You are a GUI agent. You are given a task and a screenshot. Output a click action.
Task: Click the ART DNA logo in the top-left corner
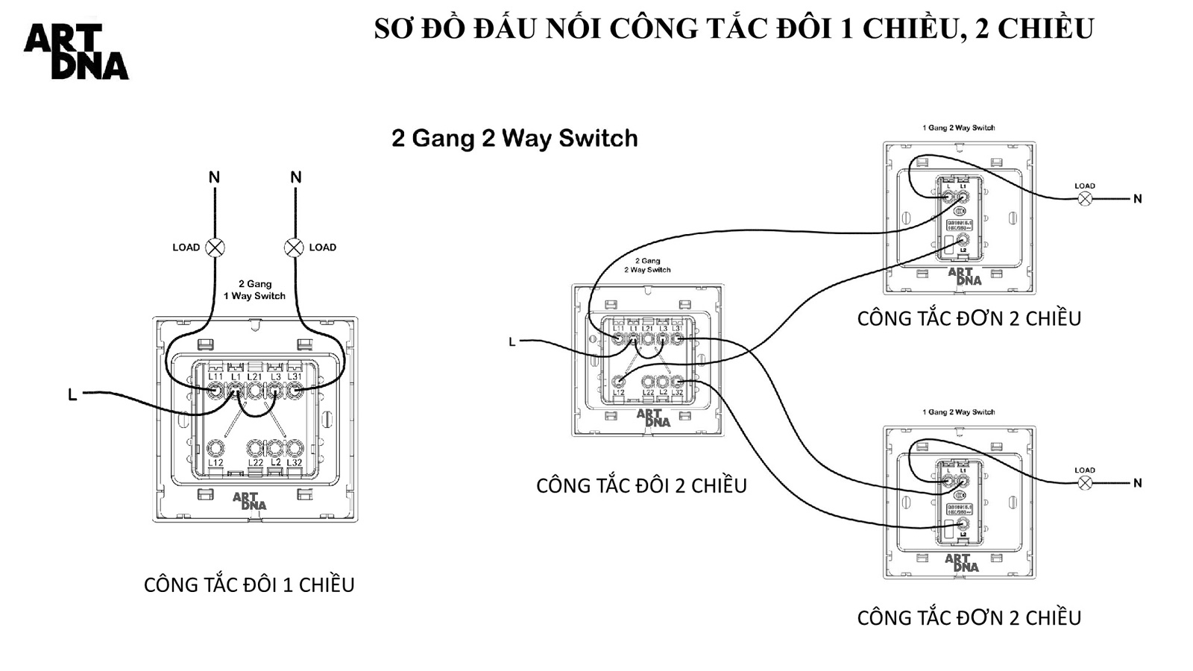(x=76, y=51)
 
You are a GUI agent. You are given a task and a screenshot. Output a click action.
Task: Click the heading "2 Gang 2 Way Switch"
(x=514, y=139)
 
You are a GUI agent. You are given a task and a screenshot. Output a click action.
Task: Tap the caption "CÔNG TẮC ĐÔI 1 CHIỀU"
(x=249, y=585)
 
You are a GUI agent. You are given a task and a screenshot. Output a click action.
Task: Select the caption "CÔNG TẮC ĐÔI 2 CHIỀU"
(x=641, y=485)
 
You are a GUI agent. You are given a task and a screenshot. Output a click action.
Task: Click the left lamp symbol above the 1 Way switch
(x=215, y=248)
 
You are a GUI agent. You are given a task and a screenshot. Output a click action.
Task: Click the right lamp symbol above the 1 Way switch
(x=295, y=248)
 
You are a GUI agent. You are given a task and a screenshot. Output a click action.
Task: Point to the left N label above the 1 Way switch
(x=214, y=177)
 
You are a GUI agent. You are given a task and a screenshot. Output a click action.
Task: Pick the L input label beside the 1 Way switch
(x=72, y=394)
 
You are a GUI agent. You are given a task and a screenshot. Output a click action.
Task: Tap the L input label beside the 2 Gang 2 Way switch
(x=512, y=342)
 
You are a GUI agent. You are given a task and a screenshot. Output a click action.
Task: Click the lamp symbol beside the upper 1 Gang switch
(x=1085, y=198)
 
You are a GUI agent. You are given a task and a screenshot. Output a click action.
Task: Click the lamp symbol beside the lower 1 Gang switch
(x=1085, y=483)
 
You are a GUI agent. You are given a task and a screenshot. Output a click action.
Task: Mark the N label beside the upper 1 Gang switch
(x=1137, y=199)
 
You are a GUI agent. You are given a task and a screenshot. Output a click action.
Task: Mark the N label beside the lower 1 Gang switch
(x=1137, y=483)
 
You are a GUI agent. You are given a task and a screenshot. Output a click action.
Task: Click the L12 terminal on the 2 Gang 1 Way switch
(x=215, y=448)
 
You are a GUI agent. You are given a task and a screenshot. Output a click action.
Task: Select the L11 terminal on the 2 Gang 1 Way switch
(x=215, y=389)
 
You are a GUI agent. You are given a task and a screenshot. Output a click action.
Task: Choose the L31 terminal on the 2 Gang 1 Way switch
(x=295, y=389)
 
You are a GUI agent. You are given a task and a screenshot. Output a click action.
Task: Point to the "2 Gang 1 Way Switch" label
(x=255, y=290)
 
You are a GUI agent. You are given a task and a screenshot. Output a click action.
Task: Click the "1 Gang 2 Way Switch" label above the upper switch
(x=958, y=128)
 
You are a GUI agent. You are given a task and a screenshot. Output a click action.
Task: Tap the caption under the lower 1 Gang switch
(x=969, y=617)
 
